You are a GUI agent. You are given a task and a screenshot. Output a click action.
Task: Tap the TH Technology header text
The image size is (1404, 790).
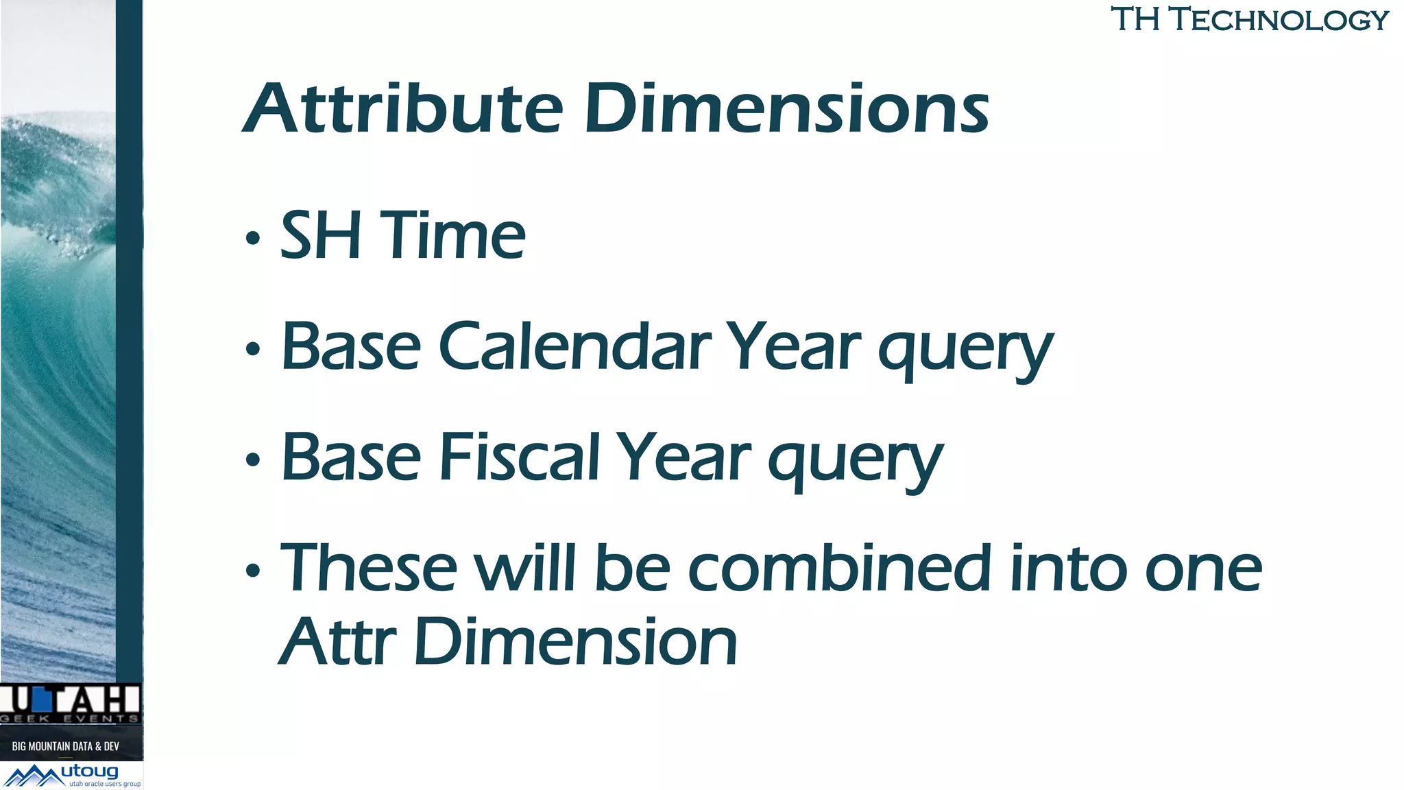point(1249,19)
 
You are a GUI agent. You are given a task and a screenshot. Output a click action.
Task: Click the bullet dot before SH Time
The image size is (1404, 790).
point(253,238)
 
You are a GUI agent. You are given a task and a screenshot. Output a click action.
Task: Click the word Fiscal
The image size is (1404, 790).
point(520,457)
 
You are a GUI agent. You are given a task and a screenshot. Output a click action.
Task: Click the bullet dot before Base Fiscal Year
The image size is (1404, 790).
point(253,459)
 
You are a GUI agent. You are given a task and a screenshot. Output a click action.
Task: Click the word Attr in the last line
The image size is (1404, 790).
point(338,642)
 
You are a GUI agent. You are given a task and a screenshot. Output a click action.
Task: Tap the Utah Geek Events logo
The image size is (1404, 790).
point(71,704)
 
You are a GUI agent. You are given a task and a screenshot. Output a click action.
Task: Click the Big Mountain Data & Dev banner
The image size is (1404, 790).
point(66,745)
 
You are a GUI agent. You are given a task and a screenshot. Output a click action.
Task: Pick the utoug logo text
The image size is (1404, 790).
point(90,771)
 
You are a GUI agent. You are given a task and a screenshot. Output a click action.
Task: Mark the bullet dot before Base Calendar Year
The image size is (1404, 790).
point(253,349)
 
